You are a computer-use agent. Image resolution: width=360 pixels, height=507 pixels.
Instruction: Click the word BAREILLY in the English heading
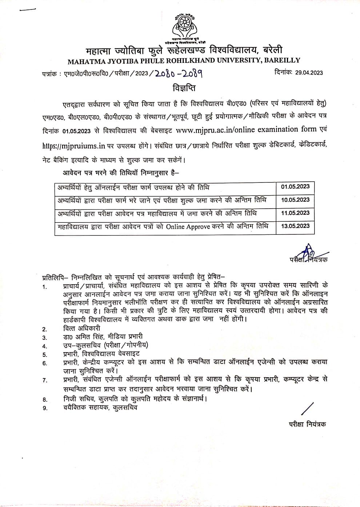coord(281,60)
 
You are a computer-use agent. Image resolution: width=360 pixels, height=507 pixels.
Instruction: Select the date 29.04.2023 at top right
coord(309,72)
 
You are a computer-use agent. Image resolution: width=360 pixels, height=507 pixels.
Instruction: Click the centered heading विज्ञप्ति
coord(181,88)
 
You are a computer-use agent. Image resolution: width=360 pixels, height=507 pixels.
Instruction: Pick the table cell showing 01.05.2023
coord(295,187)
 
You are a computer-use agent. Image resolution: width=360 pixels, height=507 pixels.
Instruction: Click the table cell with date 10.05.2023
coord(295,200)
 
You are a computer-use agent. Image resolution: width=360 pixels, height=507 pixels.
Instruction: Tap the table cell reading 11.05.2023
coord(295,213)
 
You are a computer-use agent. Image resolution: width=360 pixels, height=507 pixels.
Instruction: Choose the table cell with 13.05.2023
coord(295,226)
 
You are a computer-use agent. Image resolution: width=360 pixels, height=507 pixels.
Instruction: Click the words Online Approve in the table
coord(188,226)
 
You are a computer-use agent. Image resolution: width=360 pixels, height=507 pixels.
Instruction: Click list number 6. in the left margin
coord(45,363)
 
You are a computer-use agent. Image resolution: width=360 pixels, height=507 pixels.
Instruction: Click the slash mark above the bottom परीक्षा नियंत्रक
coord(308,408)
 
